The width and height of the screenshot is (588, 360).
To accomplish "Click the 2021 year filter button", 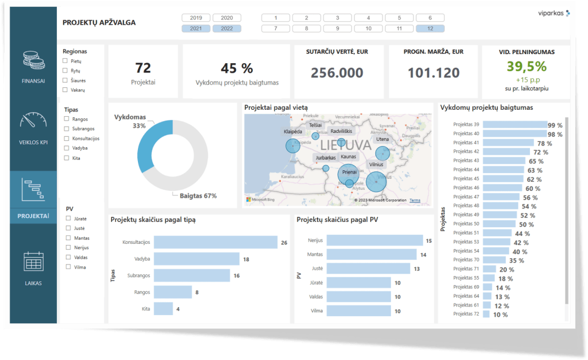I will point(196,28).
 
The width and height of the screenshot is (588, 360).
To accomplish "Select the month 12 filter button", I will point(430,28).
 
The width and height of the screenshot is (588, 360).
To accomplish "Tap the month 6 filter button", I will point(430,18).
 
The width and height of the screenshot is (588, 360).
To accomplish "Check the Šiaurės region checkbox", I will point(66,81).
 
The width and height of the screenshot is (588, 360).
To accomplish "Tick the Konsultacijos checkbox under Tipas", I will point(67,139).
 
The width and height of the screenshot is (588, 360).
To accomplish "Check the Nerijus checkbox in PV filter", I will point(68,247).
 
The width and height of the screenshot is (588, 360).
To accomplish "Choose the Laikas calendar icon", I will point(33,262).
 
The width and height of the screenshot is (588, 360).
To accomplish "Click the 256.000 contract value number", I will point(337,73).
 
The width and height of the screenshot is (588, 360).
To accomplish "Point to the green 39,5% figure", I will point(526,67).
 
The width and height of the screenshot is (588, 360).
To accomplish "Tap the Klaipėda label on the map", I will point(293,132).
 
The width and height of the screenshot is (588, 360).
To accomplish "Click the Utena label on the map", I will point(382,139).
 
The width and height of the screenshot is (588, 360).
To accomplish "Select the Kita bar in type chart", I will point(163,309).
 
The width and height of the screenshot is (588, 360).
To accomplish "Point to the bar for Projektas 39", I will point(514,125).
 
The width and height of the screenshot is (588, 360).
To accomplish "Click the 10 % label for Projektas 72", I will point(501,315).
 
